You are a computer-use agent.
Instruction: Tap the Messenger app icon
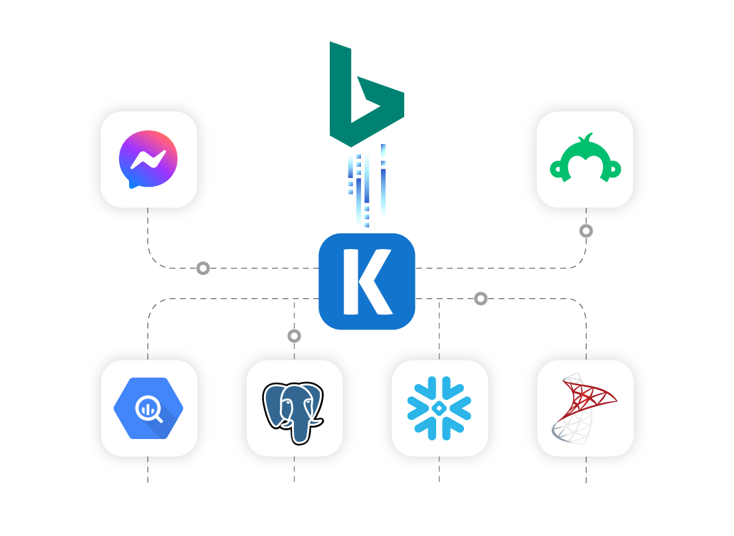click(148, 159)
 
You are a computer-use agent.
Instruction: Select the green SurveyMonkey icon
click(585, 159)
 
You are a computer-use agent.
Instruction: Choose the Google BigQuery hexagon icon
click(148, 408)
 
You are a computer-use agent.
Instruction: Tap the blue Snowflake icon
click(439, 408)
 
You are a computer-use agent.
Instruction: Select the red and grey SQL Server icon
click(585, 408)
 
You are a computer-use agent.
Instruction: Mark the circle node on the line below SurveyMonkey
click(586, 231)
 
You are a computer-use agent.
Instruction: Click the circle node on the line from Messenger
click(203, 268)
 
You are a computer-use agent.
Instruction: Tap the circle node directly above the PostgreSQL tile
click(295, 336)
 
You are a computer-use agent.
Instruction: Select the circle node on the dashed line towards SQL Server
click(481, 299)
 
